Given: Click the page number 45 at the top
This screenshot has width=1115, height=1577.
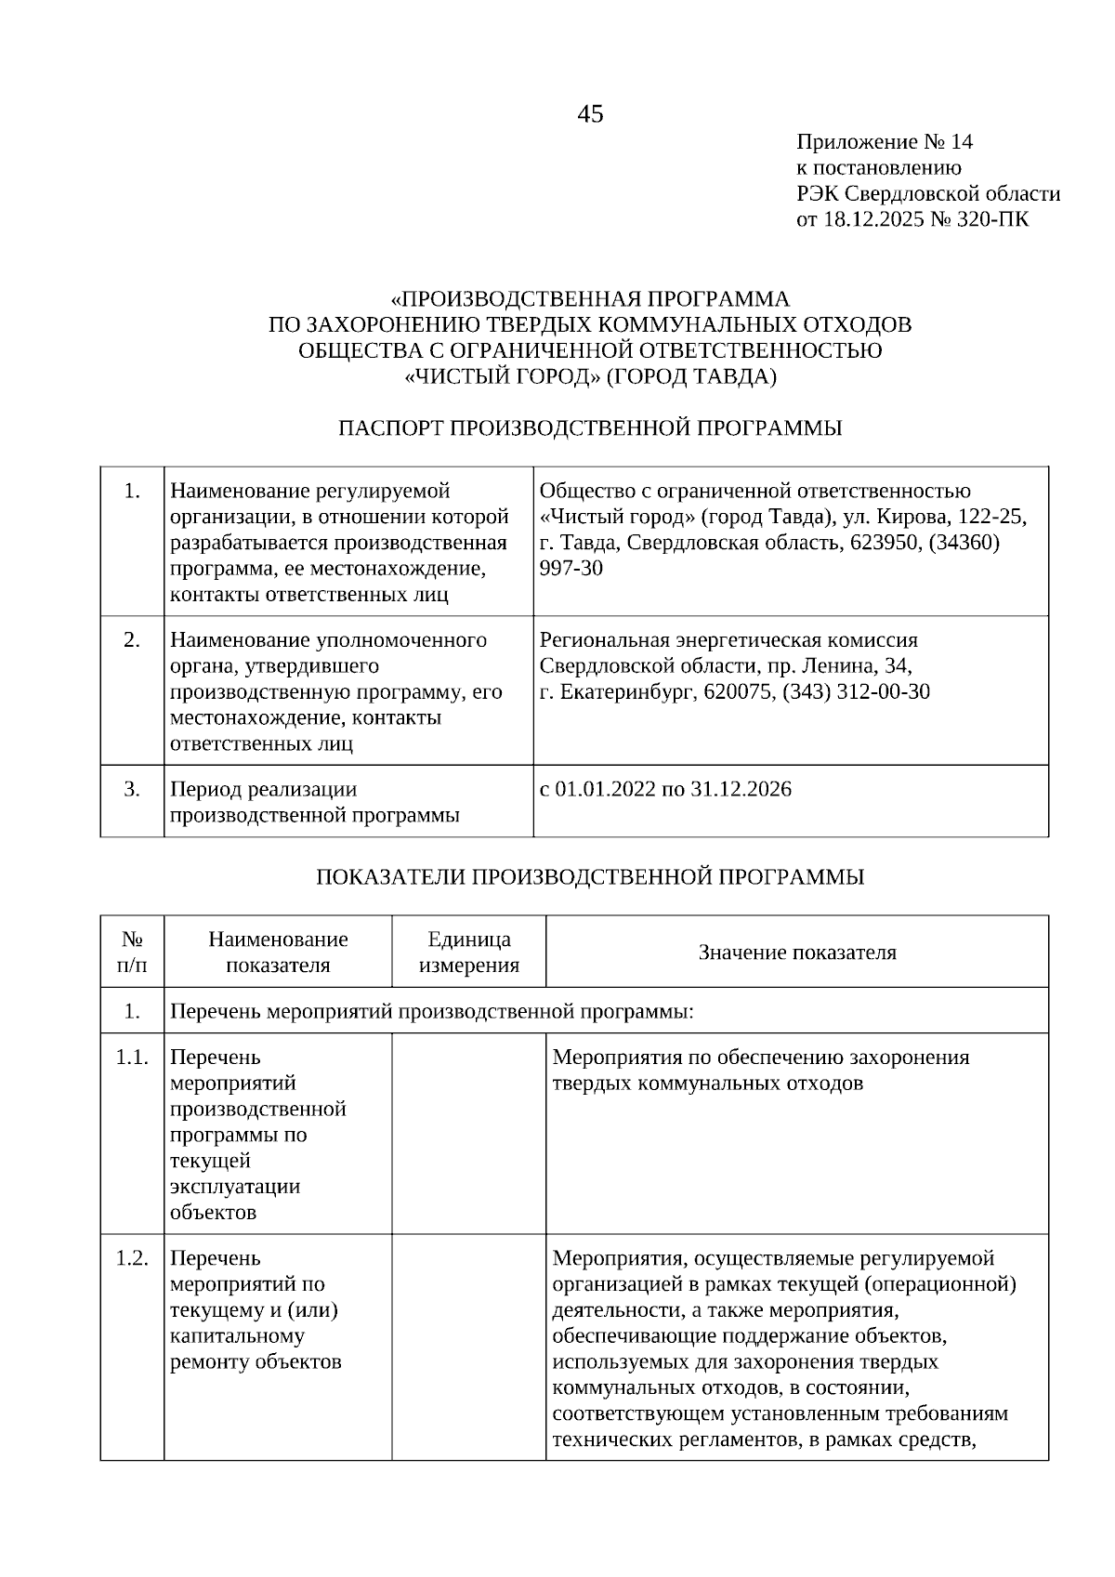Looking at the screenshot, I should pyautogui.click(x=590, y=114).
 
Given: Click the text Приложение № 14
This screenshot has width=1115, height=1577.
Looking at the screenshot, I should pyautogui.click(x=884, y=142).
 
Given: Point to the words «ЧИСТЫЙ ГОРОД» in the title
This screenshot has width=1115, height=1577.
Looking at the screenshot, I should pyautogui.click(x=503, y=376).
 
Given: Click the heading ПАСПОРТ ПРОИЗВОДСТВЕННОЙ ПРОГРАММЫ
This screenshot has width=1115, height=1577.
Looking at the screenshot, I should pyautogui.click(x=590, y=428).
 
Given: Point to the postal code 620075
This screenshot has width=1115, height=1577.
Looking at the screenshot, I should pyautogui.click(x=738, y=692).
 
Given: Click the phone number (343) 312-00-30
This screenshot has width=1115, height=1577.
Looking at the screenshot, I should pyautogui.click(x=859, y=692).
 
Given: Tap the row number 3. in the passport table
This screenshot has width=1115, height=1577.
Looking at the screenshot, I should pyautogui.click(x=132, y=790).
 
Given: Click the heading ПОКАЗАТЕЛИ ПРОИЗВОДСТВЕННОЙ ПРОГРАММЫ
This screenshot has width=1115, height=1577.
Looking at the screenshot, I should pyautogui.click(x=590, y=877).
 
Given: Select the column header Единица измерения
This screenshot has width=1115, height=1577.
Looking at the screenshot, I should pyautogui.click(x=468, y=952).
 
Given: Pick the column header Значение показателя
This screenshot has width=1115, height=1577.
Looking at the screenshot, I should pyautogui.click(x=797, y=953).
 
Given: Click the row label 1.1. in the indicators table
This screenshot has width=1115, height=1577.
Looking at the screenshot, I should pyautogui.click(x=132, y=1058).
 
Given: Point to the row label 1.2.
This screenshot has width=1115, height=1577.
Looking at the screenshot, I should pyautogui.click(x=132, y=1258).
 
